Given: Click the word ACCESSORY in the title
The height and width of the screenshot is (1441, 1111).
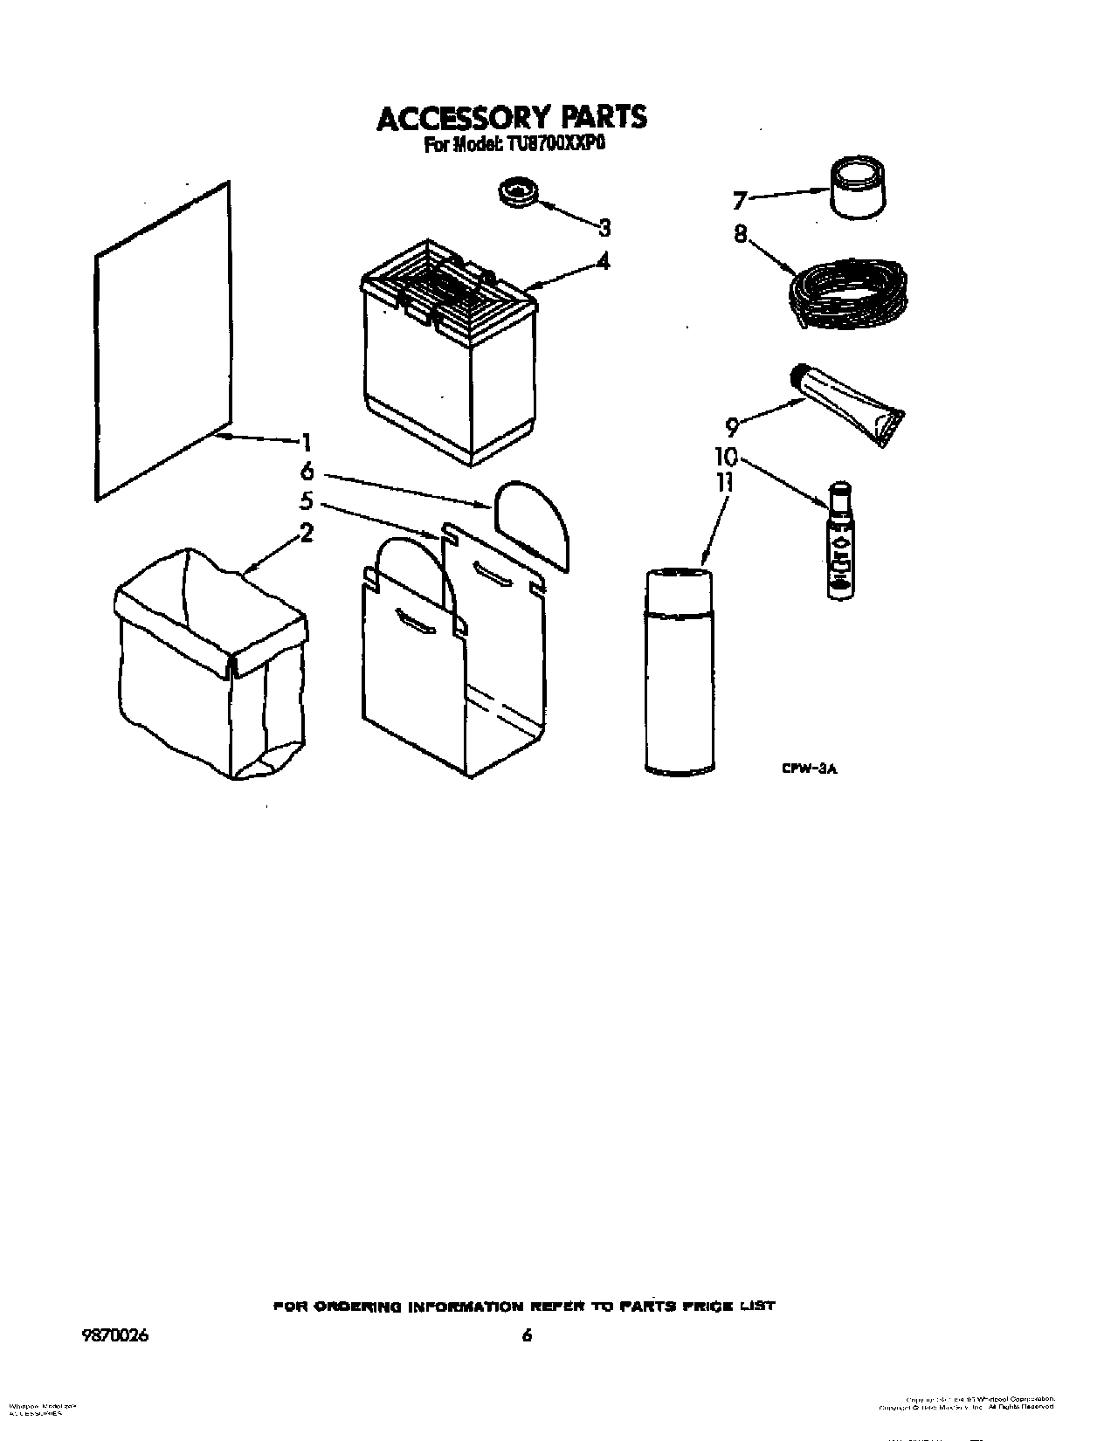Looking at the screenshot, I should [x=453, y=118].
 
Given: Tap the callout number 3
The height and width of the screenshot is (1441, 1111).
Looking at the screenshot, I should [x=604, y=228].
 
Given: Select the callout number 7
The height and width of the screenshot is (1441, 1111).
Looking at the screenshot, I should [x=740, y=202].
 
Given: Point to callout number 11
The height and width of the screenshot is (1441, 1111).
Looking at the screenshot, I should [x=724, y=483].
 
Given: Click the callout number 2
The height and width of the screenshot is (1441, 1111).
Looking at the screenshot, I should [x=307, y=532].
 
